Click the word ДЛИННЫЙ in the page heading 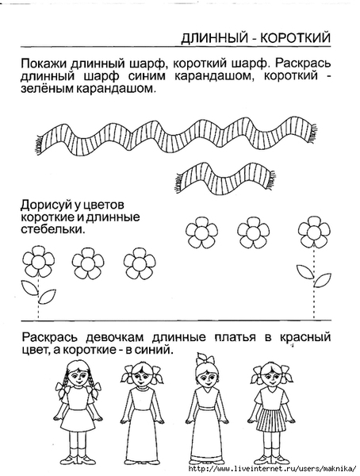[x=213, y=38]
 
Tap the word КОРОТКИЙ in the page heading [x=295, y=38]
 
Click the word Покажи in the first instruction [x=44, y=64]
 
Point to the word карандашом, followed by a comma [x=214, y=77]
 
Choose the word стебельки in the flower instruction [x=52, y=230]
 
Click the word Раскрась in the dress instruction [x=50, y=338]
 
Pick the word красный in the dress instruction [x=304, y=338]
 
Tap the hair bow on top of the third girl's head [x=204, y=359]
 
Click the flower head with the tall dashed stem [x=314, y=232]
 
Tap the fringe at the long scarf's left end [x=39, y=145]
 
